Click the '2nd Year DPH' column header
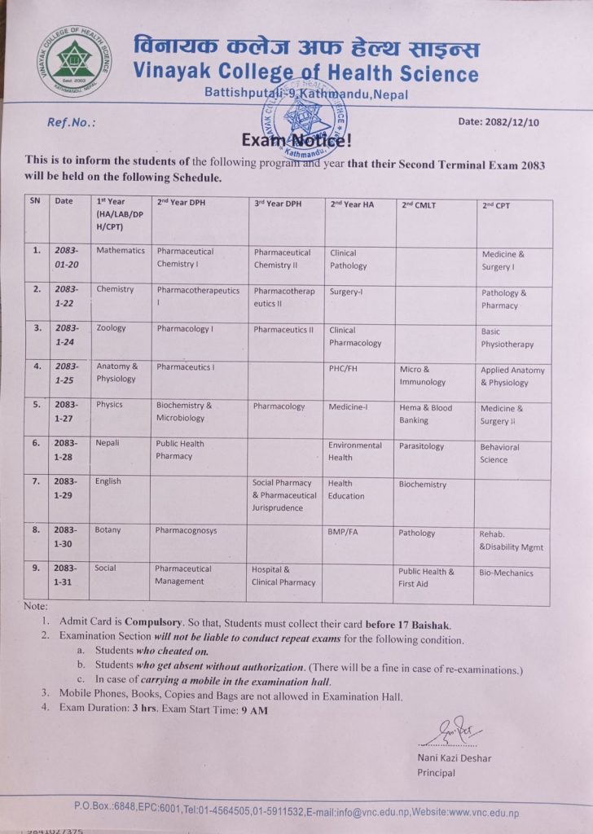(187, 204)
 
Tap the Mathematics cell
(121, 251)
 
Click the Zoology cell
(112, 328)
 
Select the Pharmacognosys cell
(187, 530)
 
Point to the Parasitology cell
(422, 446)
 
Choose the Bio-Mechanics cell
(506, 573)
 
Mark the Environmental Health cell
(354, 451)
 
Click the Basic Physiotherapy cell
(507, 338)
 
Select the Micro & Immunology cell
(422, 375)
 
